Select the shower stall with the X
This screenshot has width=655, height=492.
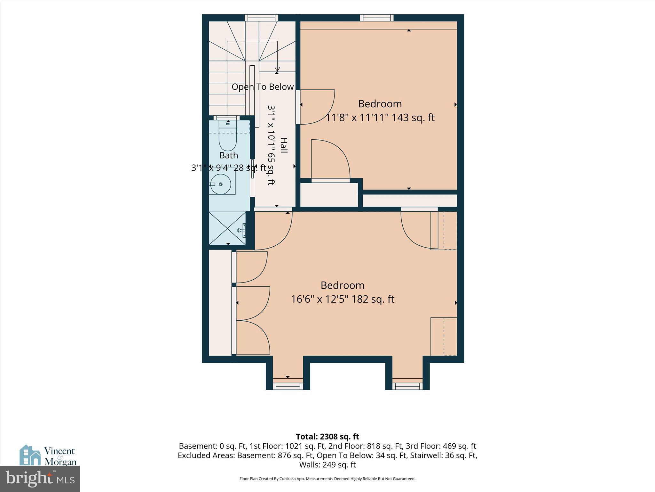tap(227, 228)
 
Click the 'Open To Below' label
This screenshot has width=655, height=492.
tap(263, 87)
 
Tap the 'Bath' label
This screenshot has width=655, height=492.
tap(229, 155)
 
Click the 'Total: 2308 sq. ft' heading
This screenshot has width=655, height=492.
tap(327, 437)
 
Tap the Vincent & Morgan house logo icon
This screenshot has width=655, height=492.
tap(30, 455)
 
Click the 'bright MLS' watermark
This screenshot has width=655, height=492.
tap(40, 479)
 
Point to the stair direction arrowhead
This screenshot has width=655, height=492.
tap(277, 69)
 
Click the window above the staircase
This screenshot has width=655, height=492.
tap(261, 18)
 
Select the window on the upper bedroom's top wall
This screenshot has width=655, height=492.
tap(377, 18)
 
